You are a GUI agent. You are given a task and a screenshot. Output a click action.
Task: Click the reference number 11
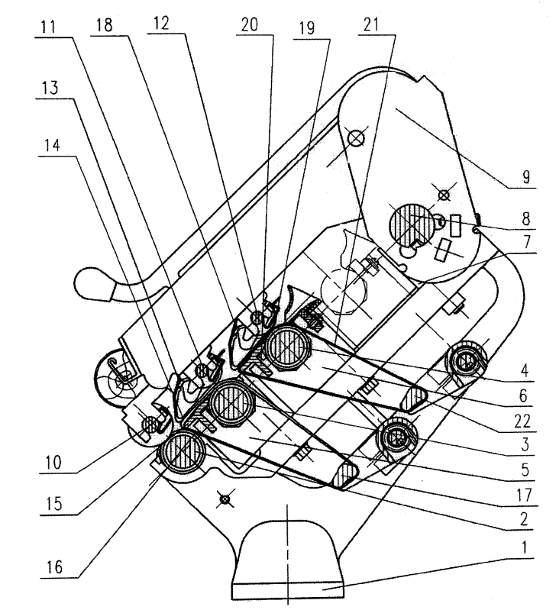click(49, 27)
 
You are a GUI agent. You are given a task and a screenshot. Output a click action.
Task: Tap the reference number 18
click(105, 25)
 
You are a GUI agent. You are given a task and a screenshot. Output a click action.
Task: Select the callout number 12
click(161, 24)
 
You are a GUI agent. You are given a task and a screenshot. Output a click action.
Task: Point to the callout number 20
click(250, 24)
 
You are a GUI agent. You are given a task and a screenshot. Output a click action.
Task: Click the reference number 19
click(307, 28)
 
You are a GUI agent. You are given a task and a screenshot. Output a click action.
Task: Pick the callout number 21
click(371, 24)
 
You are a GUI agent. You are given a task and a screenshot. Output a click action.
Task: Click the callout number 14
click(52, 146)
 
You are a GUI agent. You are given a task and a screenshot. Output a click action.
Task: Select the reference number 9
click(525, 177)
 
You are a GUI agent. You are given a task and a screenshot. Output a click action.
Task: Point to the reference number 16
click(54, 567)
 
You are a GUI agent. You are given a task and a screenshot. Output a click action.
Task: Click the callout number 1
click(524, 547)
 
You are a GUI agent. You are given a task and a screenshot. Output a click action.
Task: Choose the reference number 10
click(53, 463)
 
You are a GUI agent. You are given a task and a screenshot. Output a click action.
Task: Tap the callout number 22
click(522, 421)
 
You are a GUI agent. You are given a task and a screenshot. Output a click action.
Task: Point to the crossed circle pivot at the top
click(356, 137)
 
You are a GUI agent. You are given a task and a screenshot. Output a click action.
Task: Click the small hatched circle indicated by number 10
click(150, 423)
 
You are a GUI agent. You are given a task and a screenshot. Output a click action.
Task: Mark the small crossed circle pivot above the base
click(225, 499)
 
